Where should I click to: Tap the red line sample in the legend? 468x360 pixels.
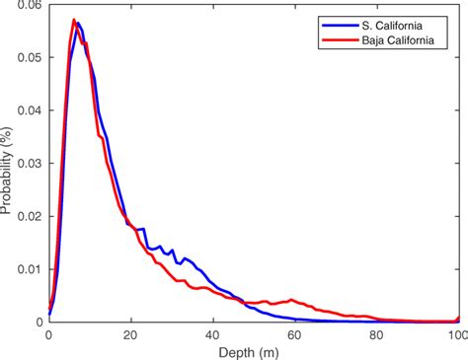335,39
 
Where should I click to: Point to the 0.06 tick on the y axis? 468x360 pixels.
30,6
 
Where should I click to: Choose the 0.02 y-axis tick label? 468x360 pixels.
30,216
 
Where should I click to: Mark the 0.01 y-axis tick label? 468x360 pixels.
30,269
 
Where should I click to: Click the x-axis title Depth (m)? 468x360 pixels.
254,351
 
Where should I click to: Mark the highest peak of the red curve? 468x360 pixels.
73,20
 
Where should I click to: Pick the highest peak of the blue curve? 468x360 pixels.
78,23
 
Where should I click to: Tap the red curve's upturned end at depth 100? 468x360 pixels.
457,318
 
